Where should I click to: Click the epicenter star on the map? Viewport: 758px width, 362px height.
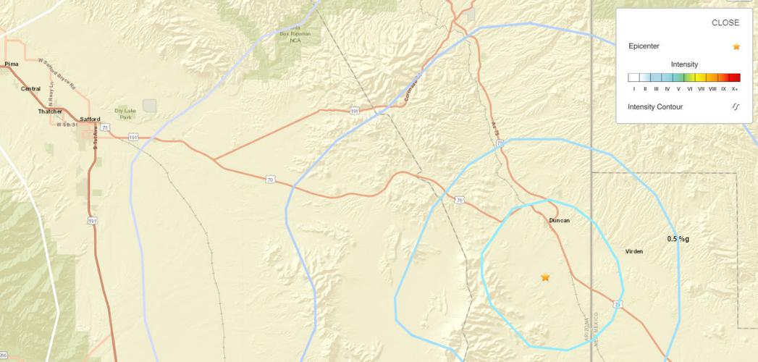[545, 277]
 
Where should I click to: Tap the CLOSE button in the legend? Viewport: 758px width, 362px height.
[725, 22]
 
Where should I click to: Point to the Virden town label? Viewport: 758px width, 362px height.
[634, 251]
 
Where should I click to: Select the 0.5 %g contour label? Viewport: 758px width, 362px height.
[678, 238]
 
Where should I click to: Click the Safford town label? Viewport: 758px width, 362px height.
[90, 119]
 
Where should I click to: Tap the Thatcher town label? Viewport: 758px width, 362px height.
[50, 111]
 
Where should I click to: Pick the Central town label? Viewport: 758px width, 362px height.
[30, 88]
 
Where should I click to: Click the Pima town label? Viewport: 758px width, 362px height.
[12, 64]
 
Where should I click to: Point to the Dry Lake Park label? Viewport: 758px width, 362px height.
[125, 114]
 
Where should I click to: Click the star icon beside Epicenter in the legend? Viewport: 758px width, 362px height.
[736, 46]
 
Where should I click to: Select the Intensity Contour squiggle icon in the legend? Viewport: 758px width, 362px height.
[736, 106]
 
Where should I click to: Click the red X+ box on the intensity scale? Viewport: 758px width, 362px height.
[735, 78]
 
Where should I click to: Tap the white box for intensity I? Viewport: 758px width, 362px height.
[633, 78]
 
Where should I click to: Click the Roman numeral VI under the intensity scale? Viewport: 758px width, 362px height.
[690, 89]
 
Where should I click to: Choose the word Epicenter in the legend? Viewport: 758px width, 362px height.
[644, 46]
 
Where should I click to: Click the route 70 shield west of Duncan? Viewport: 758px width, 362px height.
[459, 199]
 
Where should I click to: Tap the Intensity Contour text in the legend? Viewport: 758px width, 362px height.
[655, 106]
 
